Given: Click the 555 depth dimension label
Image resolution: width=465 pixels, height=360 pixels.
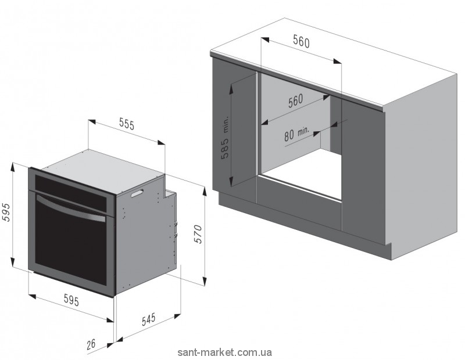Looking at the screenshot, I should (x=127, y=124).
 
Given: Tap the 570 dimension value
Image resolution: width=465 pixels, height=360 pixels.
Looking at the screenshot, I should (x=198, y=233).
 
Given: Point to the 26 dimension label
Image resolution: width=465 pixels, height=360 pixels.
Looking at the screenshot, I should (x=91, y=344).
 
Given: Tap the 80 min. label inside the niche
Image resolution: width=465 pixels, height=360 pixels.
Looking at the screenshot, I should (x=296, y=135).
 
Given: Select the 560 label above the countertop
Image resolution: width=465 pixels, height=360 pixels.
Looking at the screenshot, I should (x=301, y=42).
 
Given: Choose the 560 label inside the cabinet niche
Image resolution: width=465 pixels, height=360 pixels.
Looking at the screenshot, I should (x=296, y=100).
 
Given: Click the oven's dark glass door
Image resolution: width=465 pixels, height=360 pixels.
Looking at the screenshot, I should (x=70, y=244).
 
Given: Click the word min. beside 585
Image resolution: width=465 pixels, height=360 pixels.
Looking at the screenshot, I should (x=226, y=124).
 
